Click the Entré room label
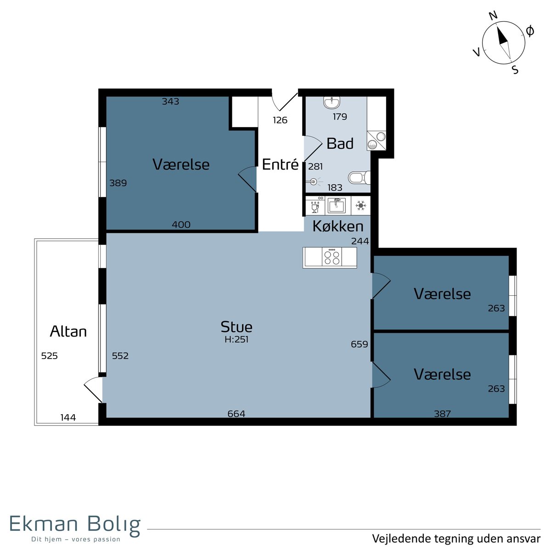[280, 164]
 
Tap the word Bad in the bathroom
[340, 144]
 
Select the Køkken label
[337, 226]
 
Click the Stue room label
[236, 326]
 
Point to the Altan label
[68, 332]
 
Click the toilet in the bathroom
[359, 178]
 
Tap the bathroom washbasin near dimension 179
[332, 103]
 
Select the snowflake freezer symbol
[360, 205]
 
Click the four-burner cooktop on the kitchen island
[332, 257]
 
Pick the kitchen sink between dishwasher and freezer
[337, 206]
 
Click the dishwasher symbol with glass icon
[315, 205]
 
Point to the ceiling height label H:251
[236, 339]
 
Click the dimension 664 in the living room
[236, 413]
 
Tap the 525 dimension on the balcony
[50, 356]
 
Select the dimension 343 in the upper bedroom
[170, 101]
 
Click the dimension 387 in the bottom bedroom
[442, 413]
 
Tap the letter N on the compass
[493, 16]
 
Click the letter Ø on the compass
[529, 31]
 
